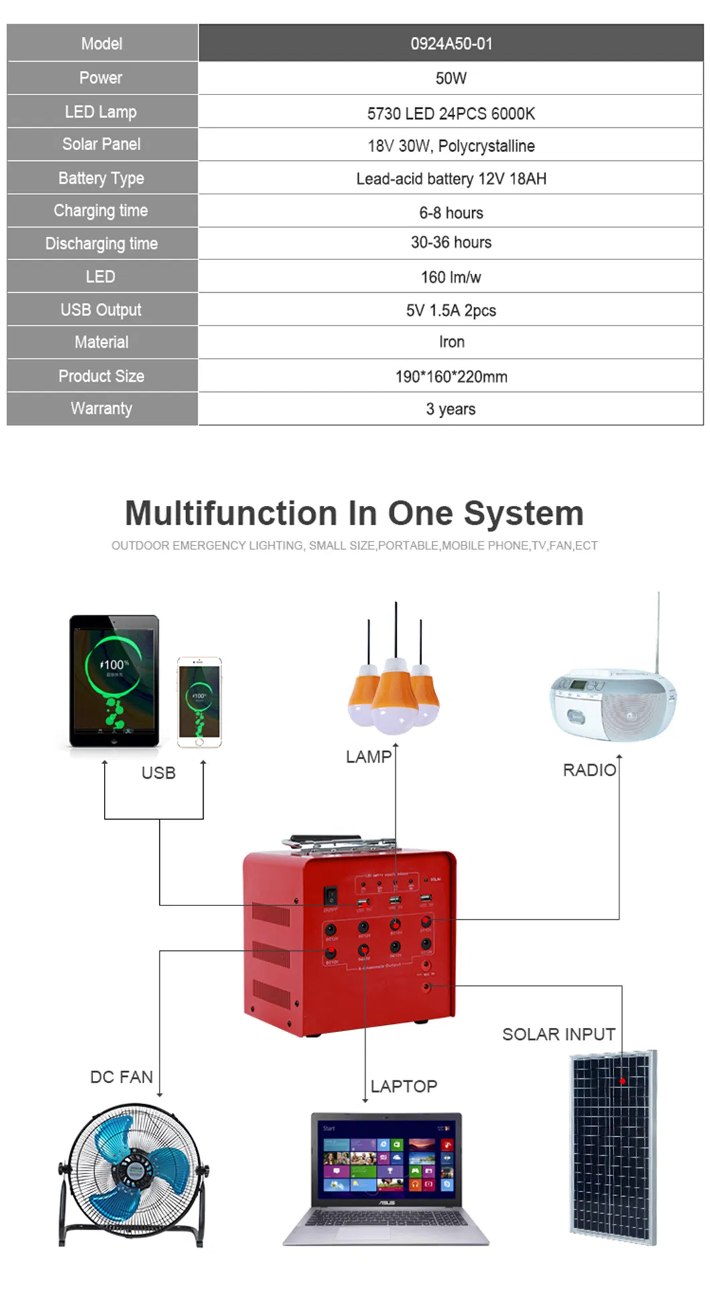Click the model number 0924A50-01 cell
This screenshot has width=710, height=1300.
point(451,44)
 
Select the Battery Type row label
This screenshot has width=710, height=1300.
point(101,178)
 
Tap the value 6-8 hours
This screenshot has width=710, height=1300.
point(451,212)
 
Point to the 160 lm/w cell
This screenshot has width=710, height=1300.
point(451,277)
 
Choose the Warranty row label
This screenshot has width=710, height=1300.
point(101,408)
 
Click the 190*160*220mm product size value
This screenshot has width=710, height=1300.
point(451,377)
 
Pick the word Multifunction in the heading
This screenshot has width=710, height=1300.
point(232,513)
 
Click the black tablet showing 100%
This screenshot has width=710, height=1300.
point(115,680)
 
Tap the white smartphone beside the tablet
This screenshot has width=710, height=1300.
point(199,702)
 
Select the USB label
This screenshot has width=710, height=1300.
point(158,773)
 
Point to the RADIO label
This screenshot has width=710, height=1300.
point(589,770)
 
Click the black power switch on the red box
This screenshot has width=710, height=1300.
point(330,895)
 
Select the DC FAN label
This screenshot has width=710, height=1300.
point(121,1077)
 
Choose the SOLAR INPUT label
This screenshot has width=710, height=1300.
point(559,1034)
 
